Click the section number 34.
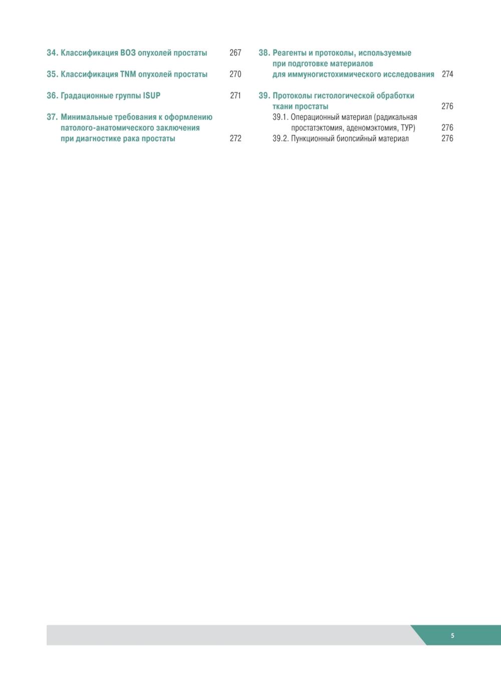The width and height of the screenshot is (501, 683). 52,53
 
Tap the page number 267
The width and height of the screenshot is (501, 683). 235,53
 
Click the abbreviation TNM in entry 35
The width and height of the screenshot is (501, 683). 128,74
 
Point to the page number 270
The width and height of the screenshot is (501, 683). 235,74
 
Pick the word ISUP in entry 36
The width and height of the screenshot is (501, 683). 151,96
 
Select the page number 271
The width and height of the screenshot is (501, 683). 235,96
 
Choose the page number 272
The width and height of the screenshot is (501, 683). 235,139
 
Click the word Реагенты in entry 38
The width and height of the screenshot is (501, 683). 290,53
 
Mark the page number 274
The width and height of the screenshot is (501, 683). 447,74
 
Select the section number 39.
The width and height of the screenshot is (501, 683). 264,96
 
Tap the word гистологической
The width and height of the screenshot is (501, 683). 346,96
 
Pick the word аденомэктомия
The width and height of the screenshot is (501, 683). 368,128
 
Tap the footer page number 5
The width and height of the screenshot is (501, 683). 452,636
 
